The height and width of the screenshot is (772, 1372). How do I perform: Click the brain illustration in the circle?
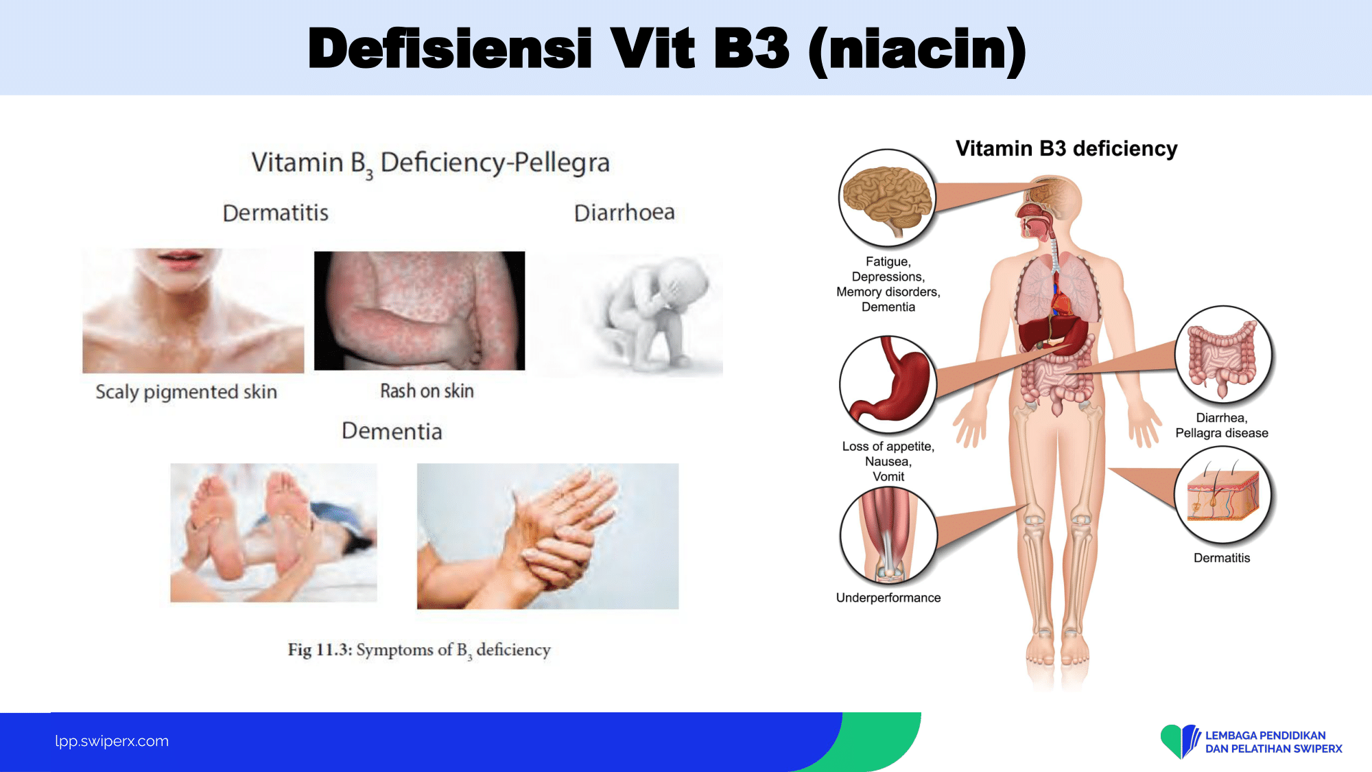(x=888, y=198)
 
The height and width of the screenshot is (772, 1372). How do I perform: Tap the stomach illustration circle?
(x=888, y=385)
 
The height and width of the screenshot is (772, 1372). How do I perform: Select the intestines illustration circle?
(x=1222, y=354)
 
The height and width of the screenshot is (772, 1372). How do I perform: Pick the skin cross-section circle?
(x=1222, y=495)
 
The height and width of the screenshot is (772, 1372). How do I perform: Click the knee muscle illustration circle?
(x=888, y=536)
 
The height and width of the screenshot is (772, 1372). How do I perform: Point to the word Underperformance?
(x=888, y=598)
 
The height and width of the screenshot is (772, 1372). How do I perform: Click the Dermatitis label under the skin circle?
(x=1222, y=558)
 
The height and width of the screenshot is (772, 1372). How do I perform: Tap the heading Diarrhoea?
(x=624, y=213)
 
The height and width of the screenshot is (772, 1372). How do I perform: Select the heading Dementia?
(x=392, y=431)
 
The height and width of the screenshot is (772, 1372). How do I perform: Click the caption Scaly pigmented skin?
(x=186, y=392)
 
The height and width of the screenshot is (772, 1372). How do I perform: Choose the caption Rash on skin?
(x=427, y=391)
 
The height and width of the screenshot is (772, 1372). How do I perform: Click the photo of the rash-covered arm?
(x=419, y=311)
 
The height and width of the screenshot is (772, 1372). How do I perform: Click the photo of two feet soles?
(x=274, y=533)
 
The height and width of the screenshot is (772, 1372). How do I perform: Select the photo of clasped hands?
(x=547, y=536)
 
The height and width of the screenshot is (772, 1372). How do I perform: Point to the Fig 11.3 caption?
(x=419, y=650)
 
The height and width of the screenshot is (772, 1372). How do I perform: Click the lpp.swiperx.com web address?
(x=112, y=741)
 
